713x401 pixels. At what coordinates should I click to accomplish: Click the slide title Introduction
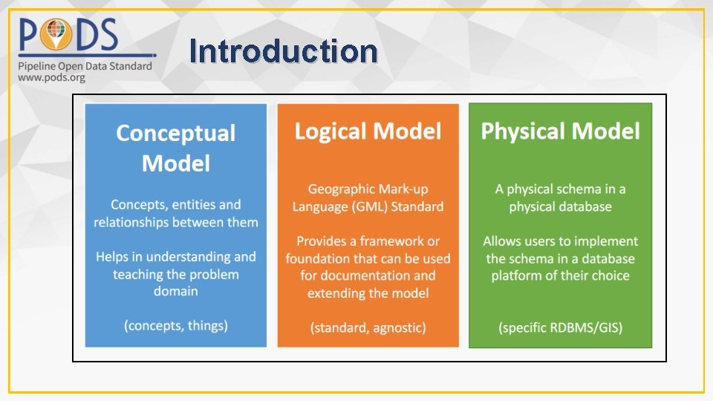(283, 51)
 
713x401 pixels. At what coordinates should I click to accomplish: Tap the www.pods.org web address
(51, 77)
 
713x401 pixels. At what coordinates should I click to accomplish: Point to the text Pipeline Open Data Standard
(85, 65)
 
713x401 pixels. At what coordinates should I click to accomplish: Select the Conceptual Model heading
(176, 148)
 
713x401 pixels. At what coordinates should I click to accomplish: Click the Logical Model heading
(368, 132)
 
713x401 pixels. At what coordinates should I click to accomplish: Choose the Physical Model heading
(560, 131)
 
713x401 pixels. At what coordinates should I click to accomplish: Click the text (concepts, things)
(176, 325)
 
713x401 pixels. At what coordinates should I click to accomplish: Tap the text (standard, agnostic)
(368, 327)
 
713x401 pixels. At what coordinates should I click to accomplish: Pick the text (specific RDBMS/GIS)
(560, 327)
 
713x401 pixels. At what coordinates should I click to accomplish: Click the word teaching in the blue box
(137, 275)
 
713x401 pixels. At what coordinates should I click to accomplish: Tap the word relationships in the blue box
(136, 222)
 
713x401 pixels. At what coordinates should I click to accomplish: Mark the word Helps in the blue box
(113, 257)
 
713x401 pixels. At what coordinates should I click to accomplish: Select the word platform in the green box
(518, 276)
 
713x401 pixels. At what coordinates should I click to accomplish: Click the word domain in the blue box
(176, 291)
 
